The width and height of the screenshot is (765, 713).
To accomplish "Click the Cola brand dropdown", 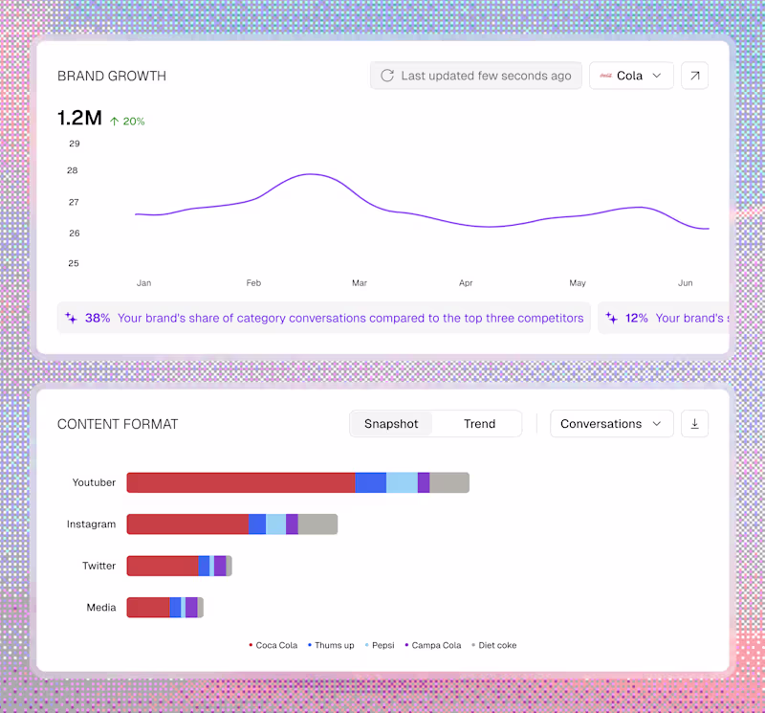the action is pyautogui.click(x=631, y=76).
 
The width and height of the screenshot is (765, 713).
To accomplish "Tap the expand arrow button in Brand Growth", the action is pyautogui.click(x=695, y=76).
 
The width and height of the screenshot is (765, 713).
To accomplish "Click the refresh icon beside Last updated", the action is pyautogui.click(x=387, y=76).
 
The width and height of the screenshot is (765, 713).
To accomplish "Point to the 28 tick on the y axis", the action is pyautogui.click(x=73, y=170).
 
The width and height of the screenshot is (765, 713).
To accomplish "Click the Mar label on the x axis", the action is pyautogui.click(x=360, y=282).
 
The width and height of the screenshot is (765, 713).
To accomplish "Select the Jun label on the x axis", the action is pyautogui.click(x=685, y=282).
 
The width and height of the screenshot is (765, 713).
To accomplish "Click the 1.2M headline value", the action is pyautogui.click(x=79, y=118).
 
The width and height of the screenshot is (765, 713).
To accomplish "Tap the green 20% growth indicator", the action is pyautogui.click(x=127, y=122).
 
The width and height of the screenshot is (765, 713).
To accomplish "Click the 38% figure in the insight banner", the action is pyautogui.click(x=98, y=318).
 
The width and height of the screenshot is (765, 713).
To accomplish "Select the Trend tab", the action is pyautogui.click(x=480, y=423).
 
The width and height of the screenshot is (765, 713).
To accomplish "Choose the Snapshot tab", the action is pyautogui.click(x=391, y=423).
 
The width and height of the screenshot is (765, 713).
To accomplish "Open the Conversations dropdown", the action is pyautogui.click(x=612, y=423).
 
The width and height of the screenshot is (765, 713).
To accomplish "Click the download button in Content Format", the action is pyautogui.click(x=695, y=423).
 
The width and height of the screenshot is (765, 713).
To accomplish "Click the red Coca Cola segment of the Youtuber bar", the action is pyautogui.click(x=241, y=482).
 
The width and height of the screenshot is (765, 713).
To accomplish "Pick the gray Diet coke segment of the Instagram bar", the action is pyautogui.click(x=317, y=524).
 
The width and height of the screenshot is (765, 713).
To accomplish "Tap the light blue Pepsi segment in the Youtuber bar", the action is pyautogui.click(x=402, y=482).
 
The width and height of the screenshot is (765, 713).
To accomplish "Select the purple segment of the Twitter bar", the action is pyautogui.click(x=220, y=566).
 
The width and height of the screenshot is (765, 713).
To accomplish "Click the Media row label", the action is pyautogui.click(x=101, y=608).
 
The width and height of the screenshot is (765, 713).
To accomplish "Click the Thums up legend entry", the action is pyautogui.click(x=331, y=645).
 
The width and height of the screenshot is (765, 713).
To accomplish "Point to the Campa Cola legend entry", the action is pyautogui.click(x=433, y=645).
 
